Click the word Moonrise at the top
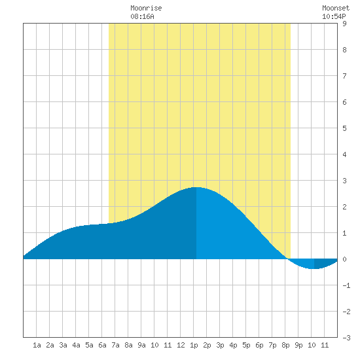pyautogui.click(x=146, y=8)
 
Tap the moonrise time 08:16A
pyautogui.click(x=142, y=16)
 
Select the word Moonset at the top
pyautogui.click(x=336, y=8)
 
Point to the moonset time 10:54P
pyautogui.click(x=334, y=16)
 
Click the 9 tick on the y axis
pyautogui.click(x=344, y=24)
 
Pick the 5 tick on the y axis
pyautogui.click(x=344, y=128)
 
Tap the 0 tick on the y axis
pyautogui.click(x=344, y=259)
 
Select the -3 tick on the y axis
pyautogui.click(x=346, y=338)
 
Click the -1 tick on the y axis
pyautogui.click(x=346, y=285)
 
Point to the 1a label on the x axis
pyautogui.click(x=37, y=345)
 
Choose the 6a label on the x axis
pyautogui.click(x=102, y=345)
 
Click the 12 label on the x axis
pyautogui.click(x=181, y=345)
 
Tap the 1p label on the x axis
pyautogui.click(x=194, y=345)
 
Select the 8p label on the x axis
pyautogui.click(x=285, y=345)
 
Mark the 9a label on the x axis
pyautogui.click(x=141, y=345)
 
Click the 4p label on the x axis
pyautogui.click(x=233, y=345)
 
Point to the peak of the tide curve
pyautogui.click(x=196, y=187)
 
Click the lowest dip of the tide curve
pyautogui.click(x=314, y=268)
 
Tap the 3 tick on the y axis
pyautogui.click(x=344, y=181)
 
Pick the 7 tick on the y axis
pyautogui.click(x=344, y=76)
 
